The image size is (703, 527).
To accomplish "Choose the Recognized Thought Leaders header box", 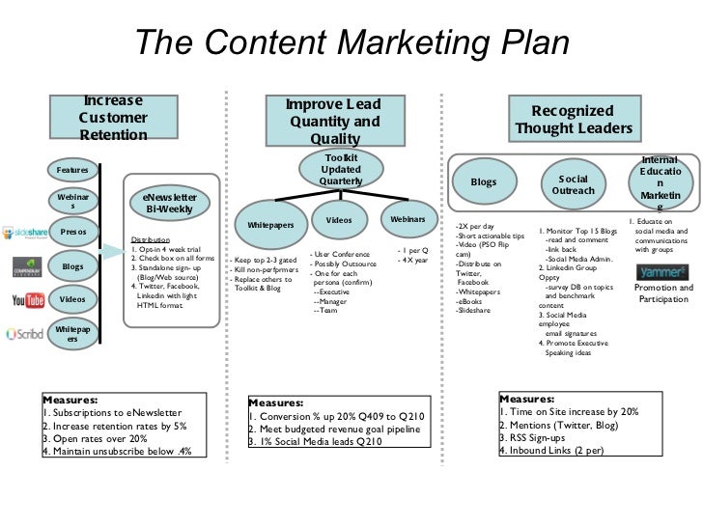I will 574,121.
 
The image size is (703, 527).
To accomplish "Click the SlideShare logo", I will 22,233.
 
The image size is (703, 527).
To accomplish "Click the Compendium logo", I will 24,266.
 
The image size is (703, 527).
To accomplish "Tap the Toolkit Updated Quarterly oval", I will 340,170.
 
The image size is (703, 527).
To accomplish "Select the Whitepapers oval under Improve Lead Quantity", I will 270,224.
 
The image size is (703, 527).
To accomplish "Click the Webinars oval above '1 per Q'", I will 408,220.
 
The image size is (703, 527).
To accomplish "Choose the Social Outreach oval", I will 574,184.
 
